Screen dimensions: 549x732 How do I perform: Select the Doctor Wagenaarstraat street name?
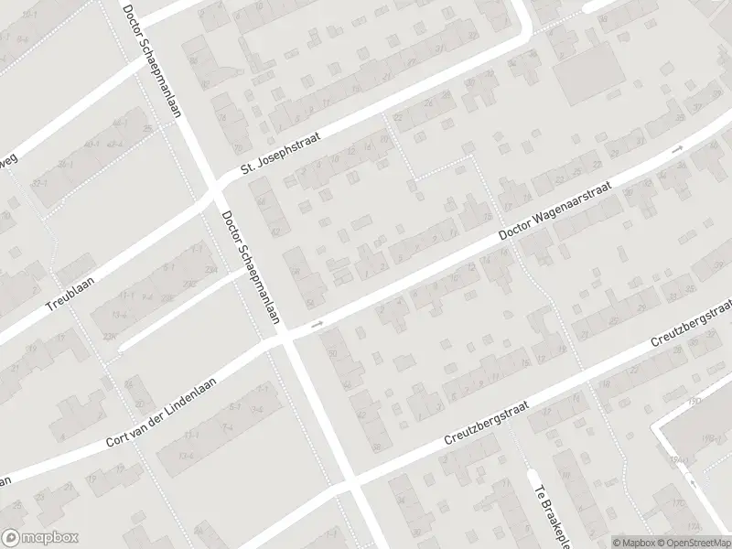(x=557, y=210)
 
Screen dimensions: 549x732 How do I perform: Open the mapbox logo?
(x=40, y=538)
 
